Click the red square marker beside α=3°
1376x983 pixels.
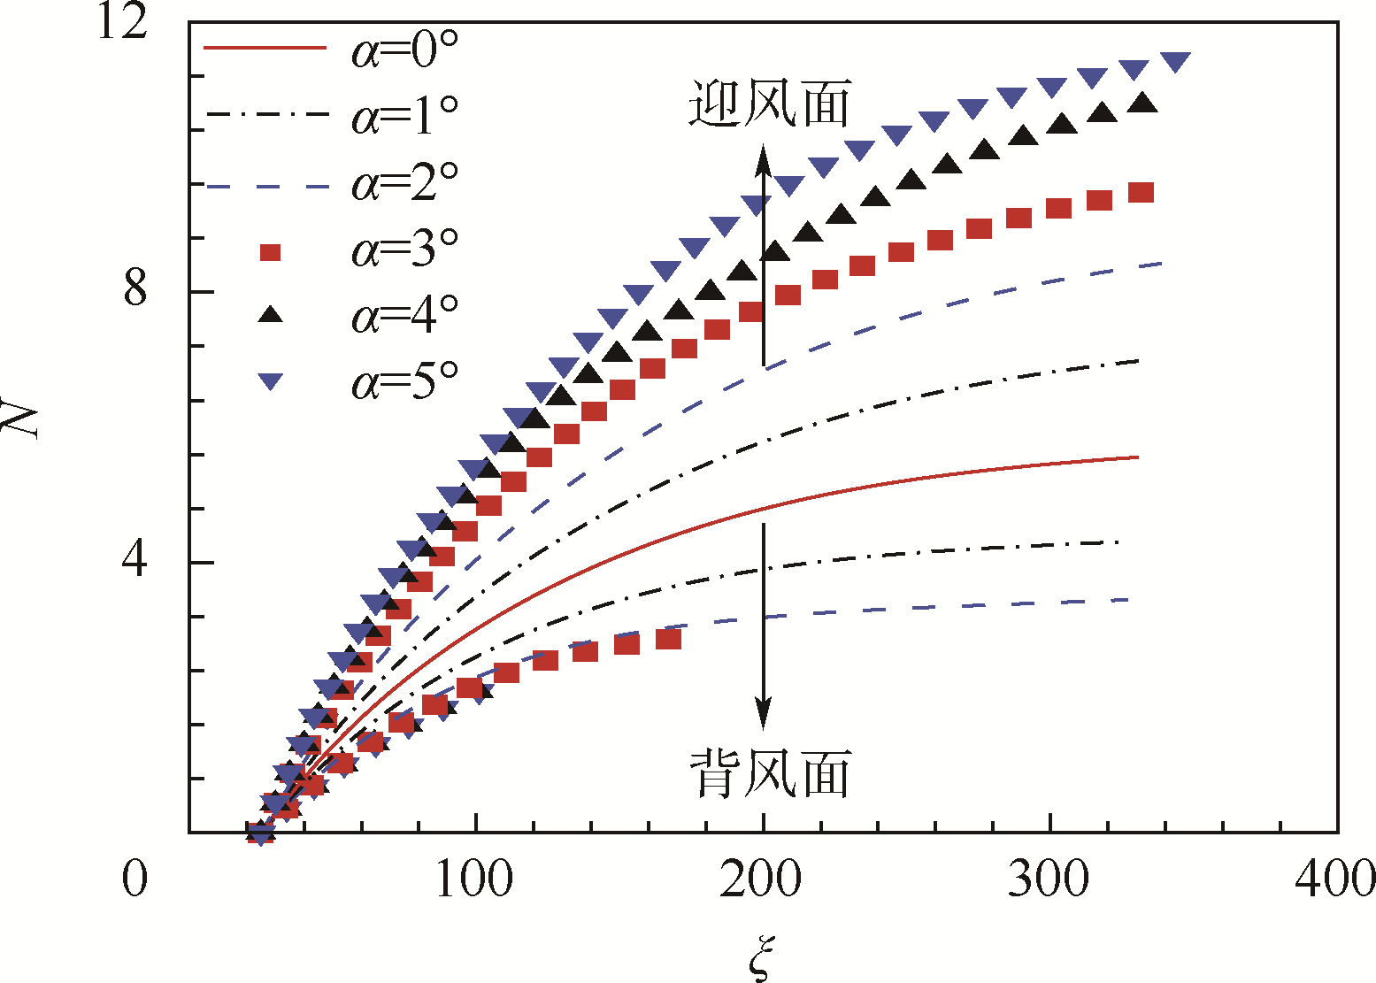(x=271, y=253)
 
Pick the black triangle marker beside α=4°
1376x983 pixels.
(x=271, y=314)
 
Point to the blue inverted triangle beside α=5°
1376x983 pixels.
(x=271, y=382)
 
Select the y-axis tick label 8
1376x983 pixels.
(x=135, y=290)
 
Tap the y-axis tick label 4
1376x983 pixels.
(x=135, y=561)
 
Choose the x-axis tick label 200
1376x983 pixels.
(x=761, y=879)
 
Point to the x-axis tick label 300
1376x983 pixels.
(x=1049, y=879)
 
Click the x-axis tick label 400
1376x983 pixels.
(x=1334, y=879)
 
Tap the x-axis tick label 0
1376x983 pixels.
(x=135, y=879)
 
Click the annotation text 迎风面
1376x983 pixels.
(x=769, y=104)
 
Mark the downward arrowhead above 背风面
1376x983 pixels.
(x=763, y=715)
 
